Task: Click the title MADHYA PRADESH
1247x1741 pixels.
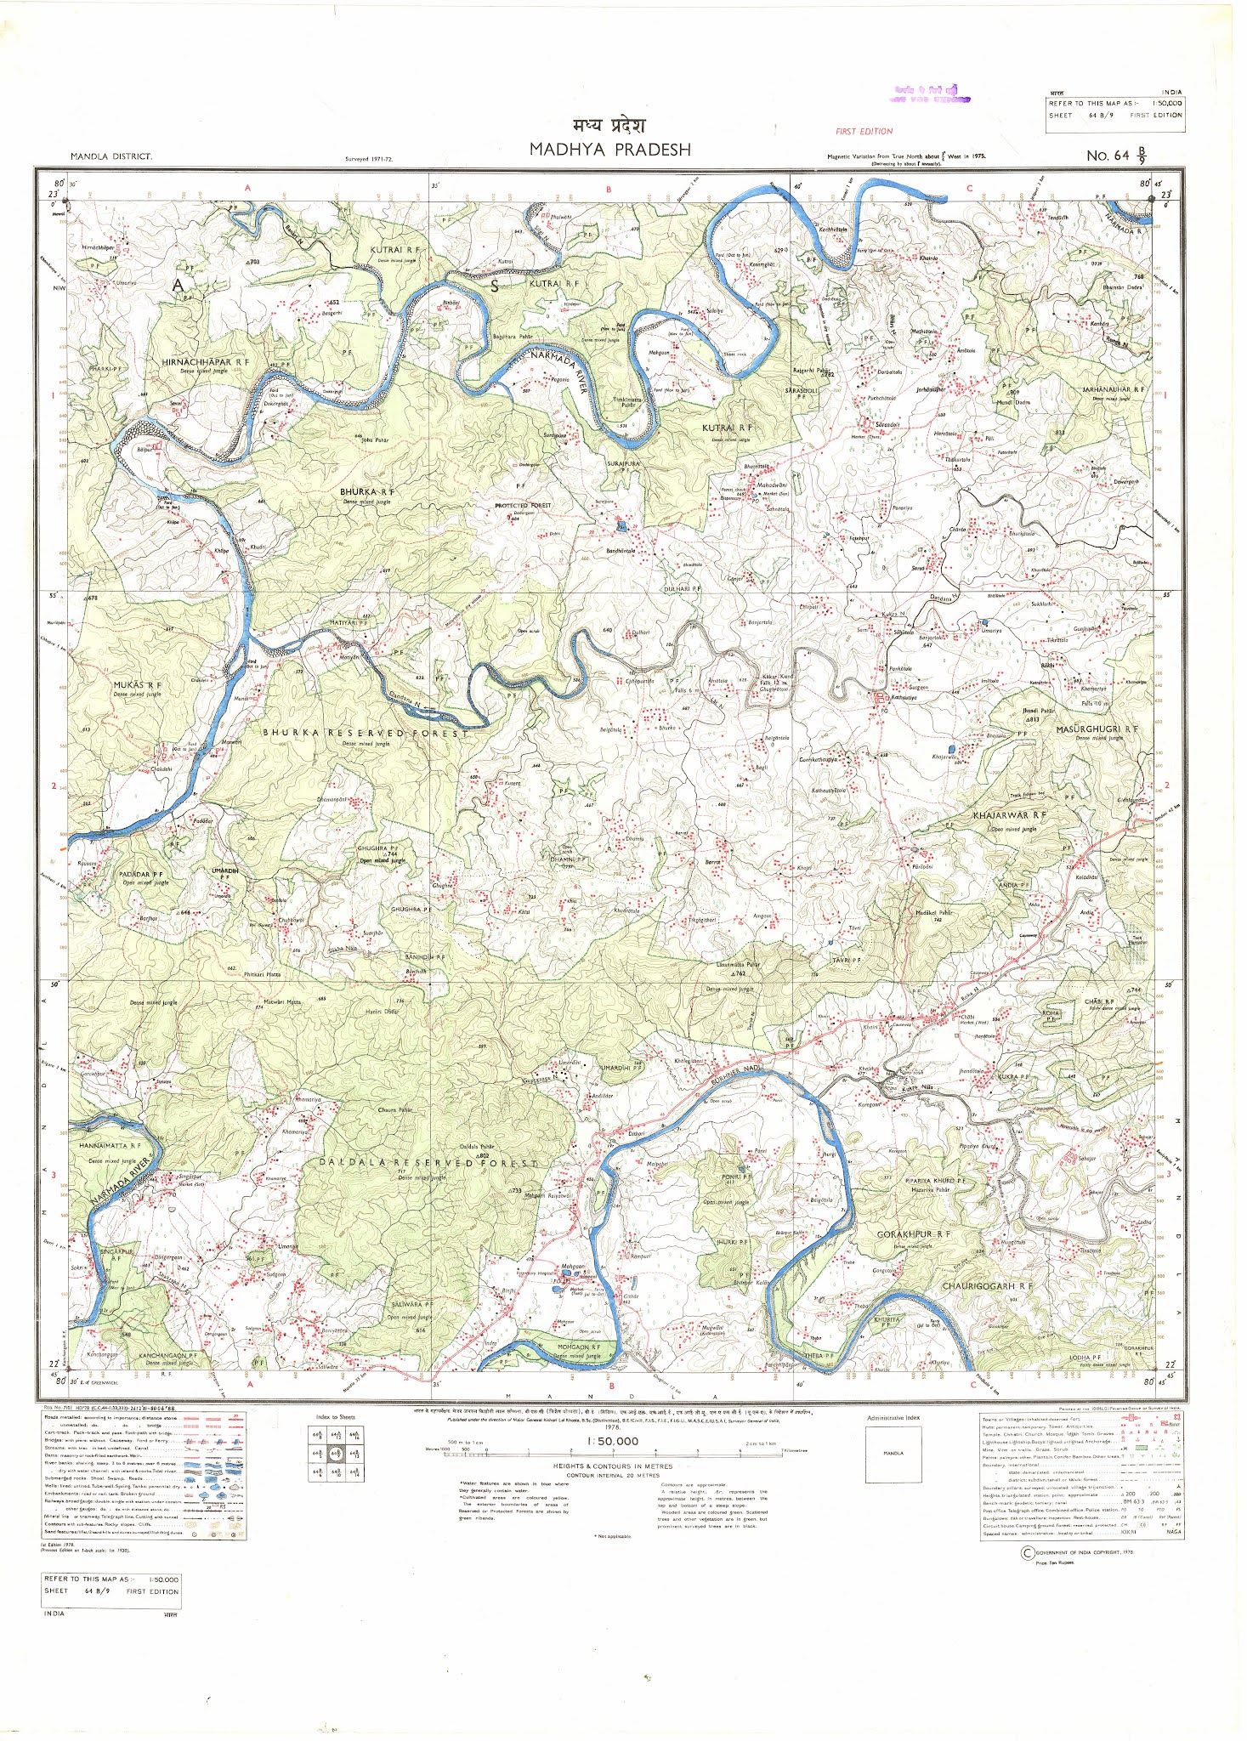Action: (609, 150)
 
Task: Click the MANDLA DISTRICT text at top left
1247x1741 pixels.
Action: (111, 156)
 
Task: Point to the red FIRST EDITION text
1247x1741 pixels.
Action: (864, 132)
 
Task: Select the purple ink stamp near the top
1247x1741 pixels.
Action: (927, 94)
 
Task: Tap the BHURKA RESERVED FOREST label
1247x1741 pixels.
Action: (364, 733)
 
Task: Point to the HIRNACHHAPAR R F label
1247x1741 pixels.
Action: (206, 362)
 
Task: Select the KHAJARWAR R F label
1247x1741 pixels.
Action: (1009, 815)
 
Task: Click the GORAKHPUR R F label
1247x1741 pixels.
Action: (914, 1233)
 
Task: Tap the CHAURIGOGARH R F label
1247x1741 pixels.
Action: (986, 1286)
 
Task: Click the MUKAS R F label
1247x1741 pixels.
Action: (137, 684)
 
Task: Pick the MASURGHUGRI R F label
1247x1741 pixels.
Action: (1097, 729)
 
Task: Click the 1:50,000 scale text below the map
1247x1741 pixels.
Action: (612, 1441)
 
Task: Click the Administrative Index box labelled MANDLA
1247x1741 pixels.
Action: (893, 1453)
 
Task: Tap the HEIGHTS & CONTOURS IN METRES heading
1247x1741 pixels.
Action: (612, 1466)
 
